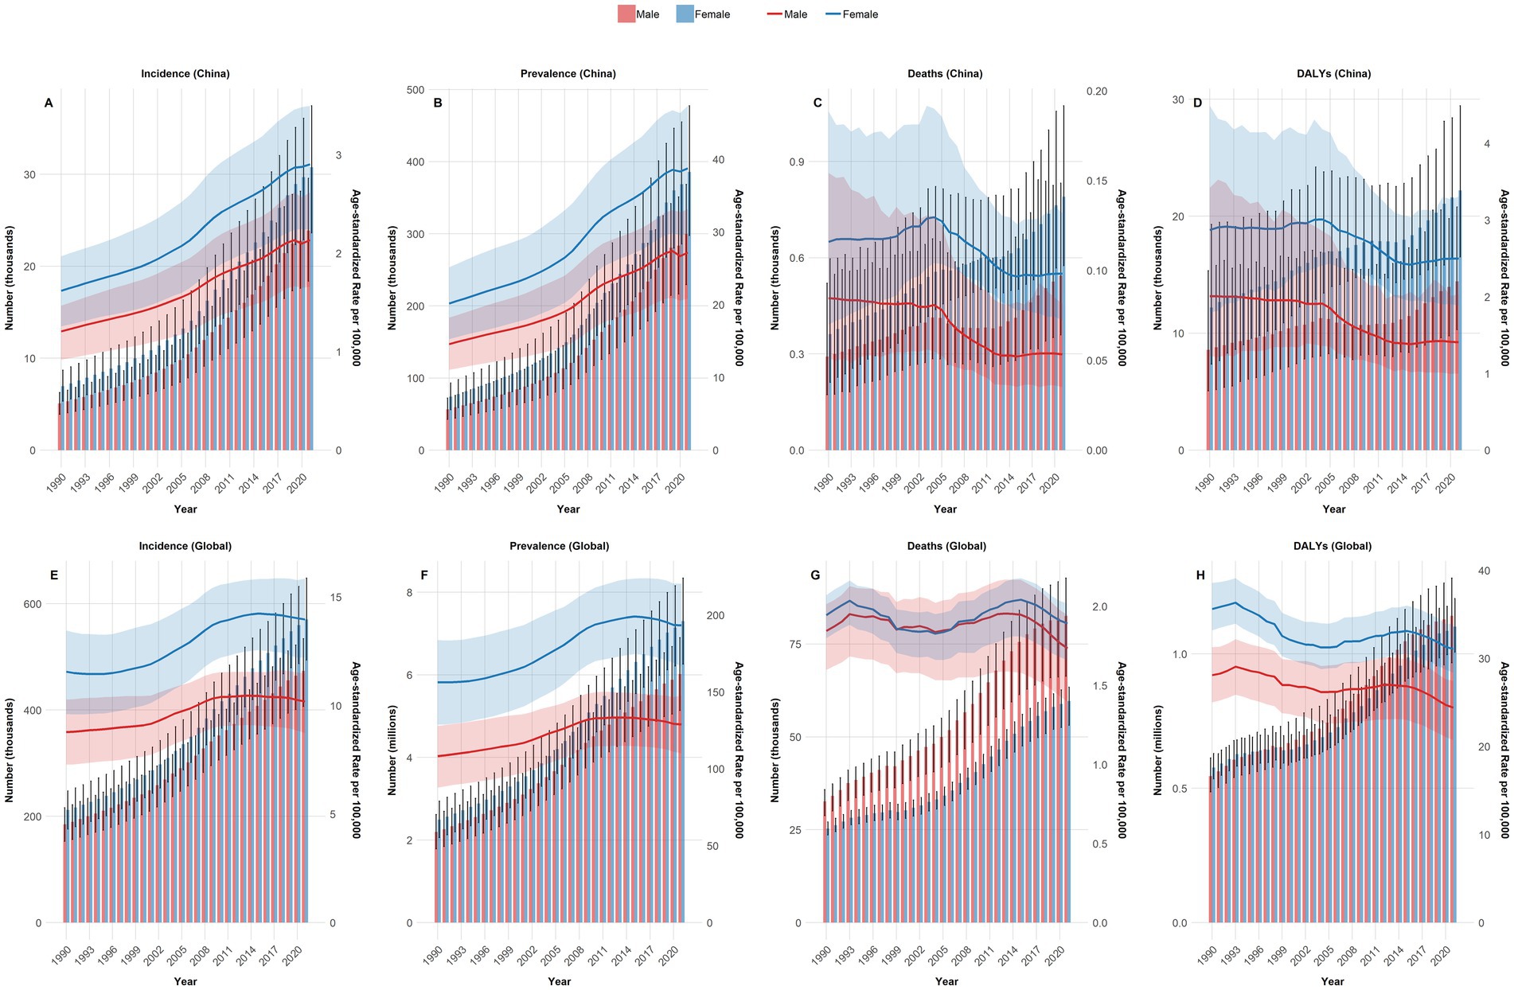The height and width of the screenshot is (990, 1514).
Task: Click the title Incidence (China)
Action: (185, 73)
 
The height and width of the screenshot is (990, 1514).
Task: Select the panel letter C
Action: (817, 103)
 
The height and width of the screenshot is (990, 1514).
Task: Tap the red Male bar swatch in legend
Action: (626, 14)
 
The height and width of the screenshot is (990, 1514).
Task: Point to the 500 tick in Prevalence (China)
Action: (415, 90)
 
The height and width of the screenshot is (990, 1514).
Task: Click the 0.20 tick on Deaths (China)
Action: (1096, 92)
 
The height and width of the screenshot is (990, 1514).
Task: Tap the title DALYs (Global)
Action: (1333, 546)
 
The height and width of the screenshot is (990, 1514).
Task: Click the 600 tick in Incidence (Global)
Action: (32, 604)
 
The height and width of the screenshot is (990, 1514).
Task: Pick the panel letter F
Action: (424, 575)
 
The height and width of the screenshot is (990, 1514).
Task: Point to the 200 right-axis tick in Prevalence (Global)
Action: (715, 615)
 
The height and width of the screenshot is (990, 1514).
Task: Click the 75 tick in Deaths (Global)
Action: (794, 644)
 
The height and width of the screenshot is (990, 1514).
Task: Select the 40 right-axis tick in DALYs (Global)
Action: (1484, 571)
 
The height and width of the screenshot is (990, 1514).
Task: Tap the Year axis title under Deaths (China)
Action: (945, 509)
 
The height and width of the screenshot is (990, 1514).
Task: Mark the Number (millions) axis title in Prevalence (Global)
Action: (392, 750)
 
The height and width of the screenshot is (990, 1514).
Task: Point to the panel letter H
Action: (1200, 575)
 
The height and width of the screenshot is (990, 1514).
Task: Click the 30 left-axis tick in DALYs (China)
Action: (1177, 100)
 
